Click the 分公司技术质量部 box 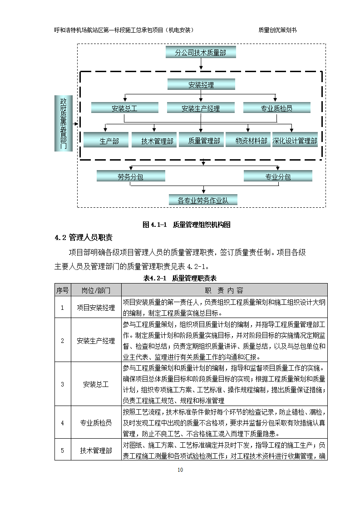[201, 53]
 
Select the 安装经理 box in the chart [201, 84]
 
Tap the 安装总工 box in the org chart [124, 108]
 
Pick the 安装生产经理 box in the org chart [201, 108]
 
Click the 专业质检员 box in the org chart [276, 108]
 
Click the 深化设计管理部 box [295, 141]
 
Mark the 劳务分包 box [131, 177]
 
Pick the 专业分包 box [278, 177]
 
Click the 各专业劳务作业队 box [203, 200]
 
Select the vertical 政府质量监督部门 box [63, 123]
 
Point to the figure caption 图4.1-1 [187, 225]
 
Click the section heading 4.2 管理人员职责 [84, 238]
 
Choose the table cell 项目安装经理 [96, 308]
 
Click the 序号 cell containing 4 [62, 423]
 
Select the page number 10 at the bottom [180, 470]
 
